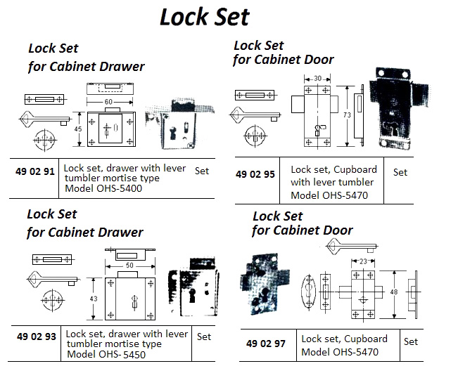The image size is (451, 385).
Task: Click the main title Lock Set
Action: pyautogui.click(x=204, y=17)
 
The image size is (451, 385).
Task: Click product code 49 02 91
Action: pyautogui.click(x=35, y=170)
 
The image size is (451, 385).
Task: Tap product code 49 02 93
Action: pyautogui.click(x=35, y=337)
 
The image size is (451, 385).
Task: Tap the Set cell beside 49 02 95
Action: pyautogui.click(x=400, y=172)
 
